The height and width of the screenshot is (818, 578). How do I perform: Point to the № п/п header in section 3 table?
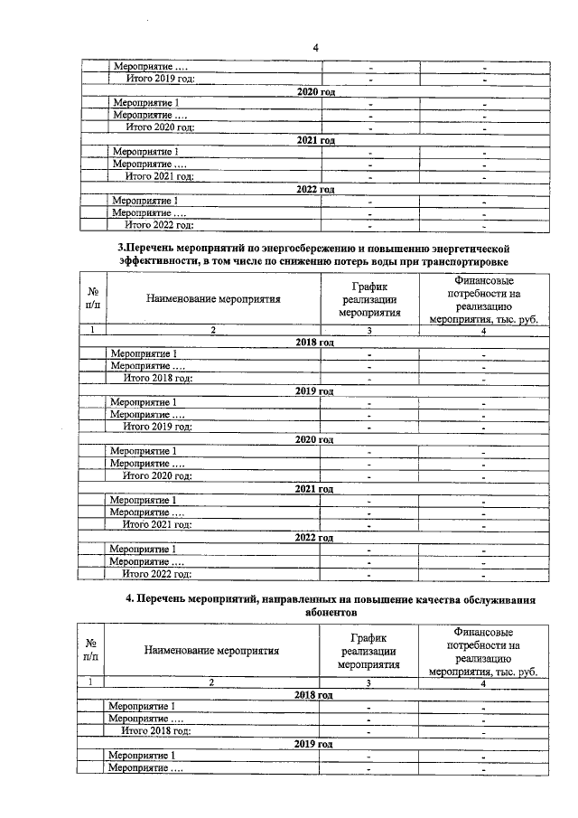pyautogui.click(x=91, y=299)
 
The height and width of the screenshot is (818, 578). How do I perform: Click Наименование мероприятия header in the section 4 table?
pyautogui.click(x=210, y=649)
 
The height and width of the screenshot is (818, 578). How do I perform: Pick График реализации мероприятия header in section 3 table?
pyautogui.click(x=368, y=299)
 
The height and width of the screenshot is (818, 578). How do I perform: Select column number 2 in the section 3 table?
pyautogui.click(x=212, y=332)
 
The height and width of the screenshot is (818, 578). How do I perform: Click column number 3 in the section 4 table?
pyautogui.click(x=368, y=683)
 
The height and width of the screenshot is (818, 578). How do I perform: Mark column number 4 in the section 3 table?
pyautogui.click(x=483, y=332)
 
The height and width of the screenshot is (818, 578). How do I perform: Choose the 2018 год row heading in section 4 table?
pyautogui.click(x=313, y=695)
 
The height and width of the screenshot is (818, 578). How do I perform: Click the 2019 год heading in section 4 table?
pyautogui.click(x=313, y=744)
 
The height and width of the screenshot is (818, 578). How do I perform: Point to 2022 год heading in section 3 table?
pyautogui.click(x=314, y=537)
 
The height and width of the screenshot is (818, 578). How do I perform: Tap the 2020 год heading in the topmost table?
pyautogui.click(x=316, y=92)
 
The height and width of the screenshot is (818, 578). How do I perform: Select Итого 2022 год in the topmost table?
pyautogui.click(x=159, y=225)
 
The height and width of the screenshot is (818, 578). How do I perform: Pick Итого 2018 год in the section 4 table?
pyautogui.click(x=156, y=730)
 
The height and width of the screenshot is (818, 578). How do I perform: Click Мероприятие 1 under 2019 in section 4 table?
pyautogui.click(x=141, y=756)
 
